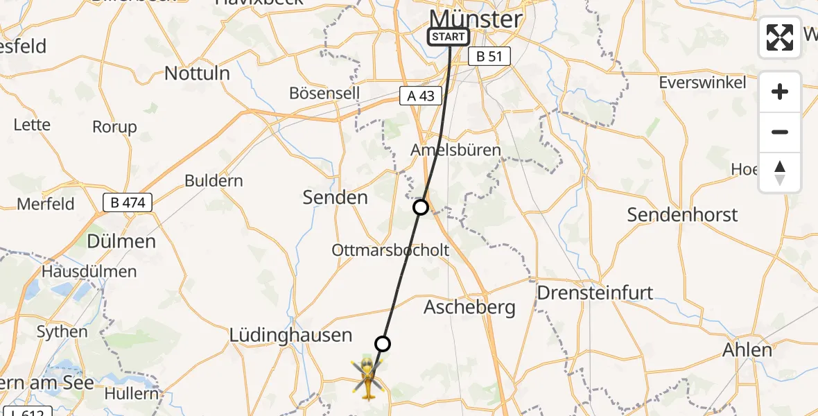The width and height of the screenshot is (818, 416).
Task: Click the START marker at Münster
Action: [449, 37]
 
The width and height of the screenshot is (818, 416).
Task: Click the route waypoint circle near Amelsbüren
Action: [421, 207]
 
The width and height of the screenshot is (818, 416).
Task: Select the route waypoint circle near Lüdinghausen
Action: [383, 343]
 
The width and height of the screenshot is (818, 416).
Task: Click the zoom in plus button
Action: [780, 92]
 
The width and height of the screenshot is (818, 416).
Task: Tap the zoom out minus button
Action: [780, 132]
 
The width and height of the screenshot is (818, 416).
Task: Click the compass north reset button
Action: [780, 173]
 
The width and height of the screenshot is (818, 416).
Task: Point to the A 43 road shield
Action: [421, 96]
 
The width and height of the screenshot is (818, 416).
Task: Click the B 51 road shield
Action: [489, 57]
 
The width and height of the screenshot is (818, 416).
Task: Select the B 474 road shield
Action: [128, 202]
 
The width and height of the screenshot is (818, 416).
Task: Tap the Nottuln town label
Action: [197, 73]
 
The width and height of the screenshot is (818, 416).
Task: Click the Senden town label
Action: [336, 198]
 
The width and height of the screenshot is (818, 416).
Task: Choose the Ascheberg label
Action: [469, 307]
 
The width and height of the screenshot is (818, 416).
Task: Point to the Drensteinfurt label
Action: [595, 293]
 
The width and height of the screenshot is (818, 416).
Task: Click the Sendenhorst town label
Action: [682, 215]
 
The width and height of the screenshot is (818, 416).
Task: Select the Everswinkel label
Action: [702, 83]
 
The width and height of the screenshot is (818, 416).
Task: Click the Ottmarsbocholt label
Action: [390, 250]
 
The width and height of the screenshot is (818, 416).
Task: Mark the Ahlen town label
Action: [747, 350]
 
